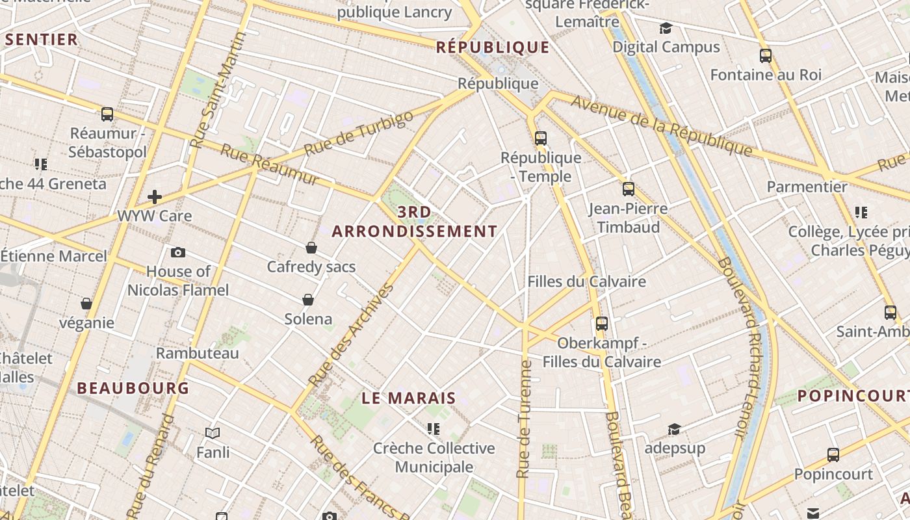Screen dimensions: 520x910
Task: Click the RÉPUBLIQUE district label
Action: [493, 47]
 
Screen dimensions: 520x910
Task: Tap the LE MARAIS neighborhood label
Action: [409, 398]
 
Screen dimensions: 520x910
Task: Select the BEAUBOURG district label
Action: [133, 388]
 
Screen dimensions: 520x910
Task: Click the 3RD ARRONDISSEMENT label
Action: [415, 222]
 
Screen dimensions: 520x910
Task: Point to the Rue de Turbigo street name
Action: [358, 133]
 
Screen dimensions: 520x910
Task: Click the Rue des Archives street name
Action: [351, 335]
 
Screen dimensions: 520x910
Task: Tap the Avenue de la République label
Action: [662, 127]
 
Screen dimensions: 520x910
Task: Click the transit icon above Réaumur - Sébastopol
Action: [107, 114]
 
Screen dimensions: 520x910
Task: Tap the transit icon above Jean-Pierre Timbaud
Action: [628, 189]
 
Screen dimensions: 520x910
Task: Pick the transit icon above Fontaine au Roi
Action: [765, 56]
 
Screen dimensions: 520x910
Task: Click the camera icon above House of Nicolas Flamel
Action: [177, 252]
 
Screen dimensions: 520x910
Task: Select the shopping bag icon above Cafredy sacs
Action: [311, 248]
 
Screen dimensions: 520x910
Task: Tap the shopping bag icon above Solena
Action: [308, 300]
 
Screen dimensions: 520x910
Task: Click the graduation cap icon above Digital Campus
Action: [666, 28]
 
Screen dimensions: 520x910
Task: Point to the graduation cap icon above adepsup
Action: [674, 430]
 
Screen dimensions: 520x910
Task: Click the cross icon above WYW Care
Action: [154, 196]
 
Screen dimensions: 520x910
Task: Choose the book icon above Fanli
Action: [213, 433]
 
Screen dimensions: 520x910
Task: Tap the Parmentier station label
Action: [807, 187]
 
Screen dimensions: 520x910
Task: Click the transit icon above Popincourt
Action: [833, 455]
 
